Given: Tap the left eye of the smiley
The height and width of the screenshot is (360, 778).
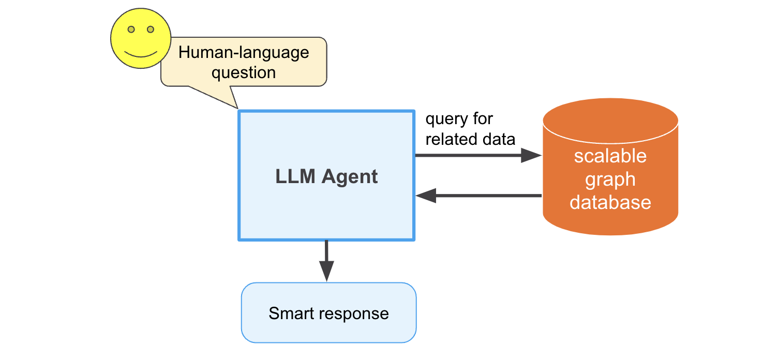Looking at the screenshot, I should [x=131, y=29].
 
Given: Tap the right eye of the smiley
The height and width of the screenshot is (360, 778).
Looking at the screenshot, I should [x=151, y=29].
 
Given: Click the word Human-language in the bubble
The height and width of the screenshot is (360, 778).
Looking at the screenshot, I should [x=244, y=53].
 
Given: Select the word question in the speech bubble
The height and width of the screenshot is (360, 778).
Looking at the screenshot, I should [x=244, y=72].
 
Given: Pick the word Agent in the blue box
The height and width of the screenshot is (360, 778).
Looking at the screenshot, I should [x=350, y=177].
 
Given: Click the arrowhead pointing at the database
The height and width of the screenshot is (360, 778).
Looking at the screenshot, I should [x=531, y=155].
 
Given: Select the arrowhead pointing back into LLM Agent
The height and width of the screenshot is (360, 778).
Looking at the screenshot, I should [x=426, y=196].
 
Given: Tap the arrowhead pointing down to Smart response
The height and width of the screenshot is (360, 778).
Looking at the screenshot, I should [x=326, y=270].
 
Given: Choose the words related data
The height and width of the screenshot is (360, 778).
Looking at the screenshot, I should [x=470, y=139].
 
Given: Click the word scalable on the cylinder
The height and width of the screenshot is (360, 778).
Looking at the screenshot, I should [x=610, y=156].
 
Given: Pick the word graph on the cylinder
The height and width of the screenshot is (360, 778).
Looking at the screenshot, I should [x=610, y=179].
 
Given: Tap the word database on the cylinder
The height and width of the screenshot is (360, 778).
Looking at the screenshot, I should [x=610, y=202].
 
